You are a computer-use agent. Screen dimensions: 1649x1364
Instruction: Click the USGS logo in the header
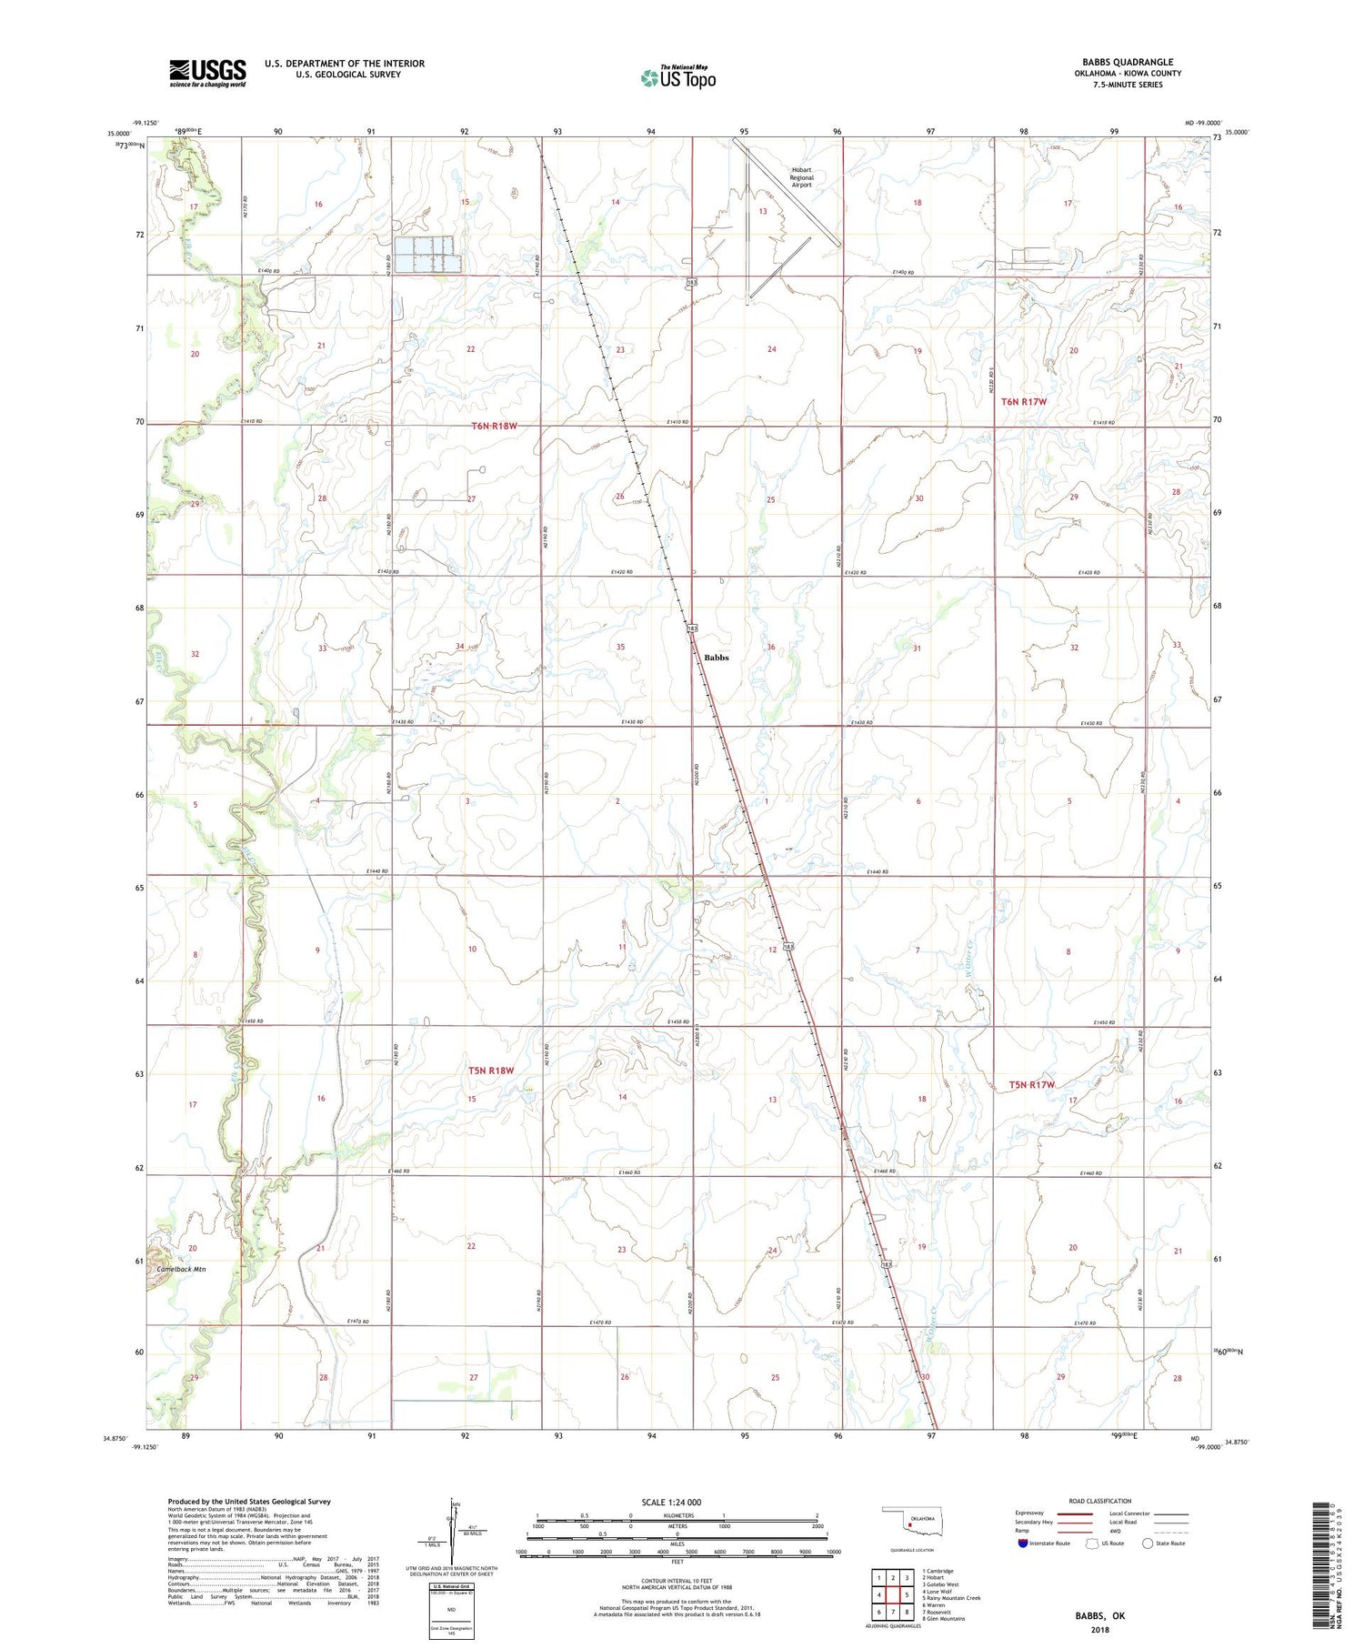pyautogui.click(x=207, y=73)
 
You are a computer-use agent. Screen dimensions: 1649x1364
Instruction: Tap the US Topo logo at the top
pyautogui.click(x=678, y=77)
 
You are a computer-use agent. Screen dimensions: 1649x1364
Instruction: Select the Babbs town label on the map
pyautogui.click(x=716, y=658)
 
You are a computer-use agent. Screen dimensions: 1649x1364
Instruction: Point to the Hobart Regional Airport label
pyautogui.click(x=800, y=177)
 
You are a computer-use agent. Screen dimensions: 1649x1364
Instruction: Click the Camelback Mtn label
pyautogui.click(x=181, y=1269)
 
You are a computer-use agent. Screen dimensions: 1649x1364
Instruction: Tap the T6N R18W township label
pyautogui.click(x=494, y=426)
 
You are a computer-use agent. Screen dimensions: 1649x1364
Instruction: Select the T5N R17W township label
pyautogui.click(x=1031, y=1084)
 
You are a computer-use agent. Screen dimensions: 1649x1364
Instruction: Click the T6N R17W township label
pyautogui.click(x=1024, y=401)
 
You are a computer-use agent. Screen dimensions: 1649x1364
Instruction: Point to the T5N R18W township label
pyautogui.click(x=491, y=1071)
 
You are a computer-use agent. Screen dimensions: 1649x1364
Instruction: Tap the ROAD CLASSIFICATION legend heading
pyautogui.click(x=1099, y=1501)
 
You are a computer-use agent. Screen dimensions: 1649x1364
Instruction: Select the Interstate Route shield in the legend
pyautogui.click(x=1023, y=1543)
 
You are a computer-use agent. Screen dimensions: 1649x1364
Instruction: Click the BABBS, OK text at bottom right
pyautogui.click(x=1099, y=1615)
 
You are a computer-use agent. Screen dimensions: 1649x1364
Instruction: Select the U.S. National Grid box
pyautogui.click(x=451, y=1611)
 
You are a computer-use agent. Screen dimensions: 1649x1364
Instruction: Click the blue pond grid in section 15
pyautogui.click(x=424, y=255)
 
